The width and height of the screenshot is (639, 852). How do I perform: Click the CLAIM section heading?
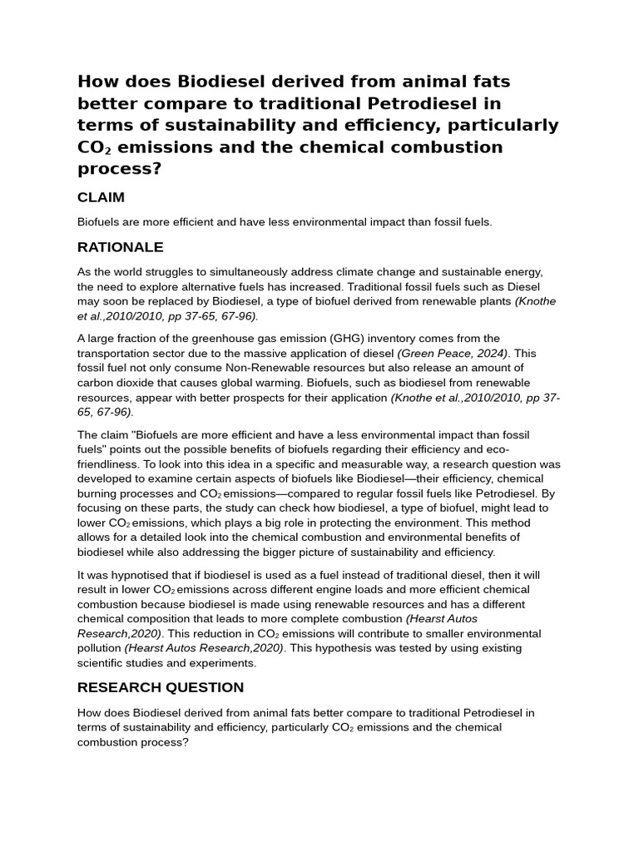[101, 197]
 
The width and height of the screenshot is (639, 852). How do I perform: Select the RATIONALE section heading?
[120, 247]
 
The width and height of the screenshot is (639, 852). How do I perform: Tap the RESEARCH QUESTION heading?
[160, 687]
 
